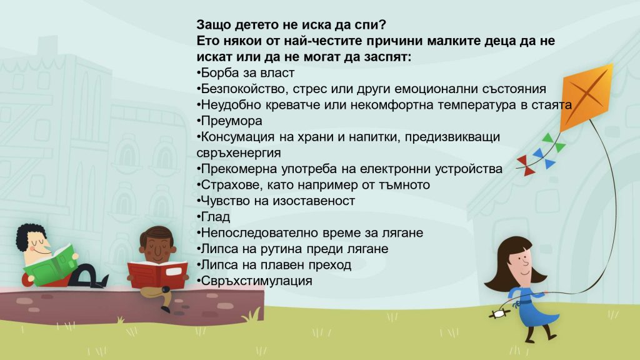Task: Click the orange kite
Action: coord(586,96)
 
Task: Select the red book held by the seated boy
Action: coord(157,274)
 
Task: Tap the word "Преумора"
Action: coord(231,121)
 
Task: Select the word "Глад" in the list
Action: coord(216,217)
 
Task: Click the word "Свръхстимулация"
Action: coord(257,281)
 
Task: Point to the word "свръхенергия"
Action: coord(239,153)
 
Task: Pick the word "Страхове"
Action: coord(232,185)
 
